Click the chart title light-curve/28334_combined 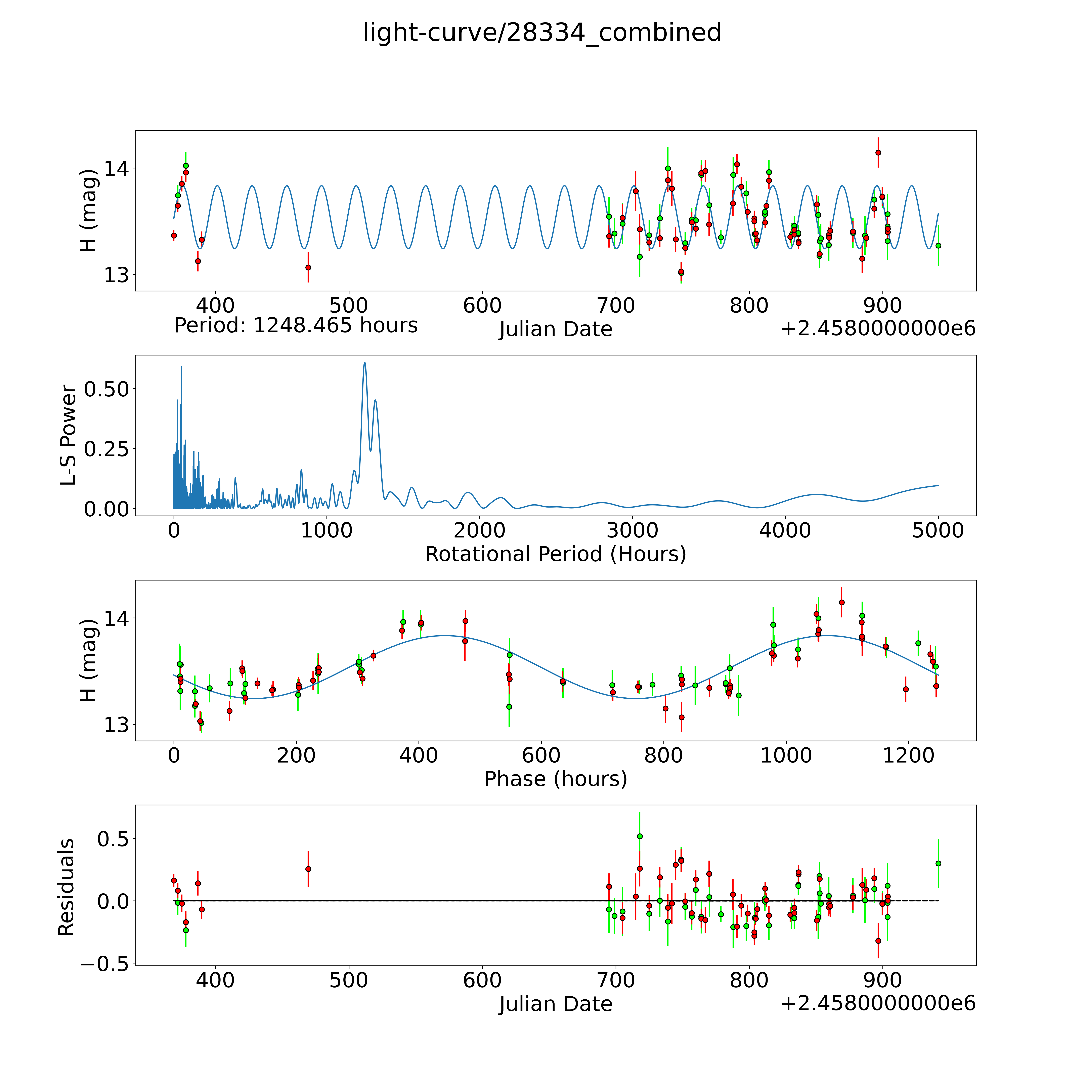pos(542,33)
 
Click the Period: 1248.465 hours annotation pos(296,326)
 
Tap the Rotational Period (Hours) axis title pos(555,554)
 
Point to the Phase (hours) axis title pos(555,779)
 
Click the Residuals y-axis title pos(66,887)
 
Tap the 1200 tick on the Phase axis pos(908,755)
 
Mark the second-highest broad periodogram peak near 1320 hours pos(375,400)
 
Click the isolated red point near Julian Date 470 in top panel pos(308,267)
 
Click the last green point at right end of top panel pos(938,245)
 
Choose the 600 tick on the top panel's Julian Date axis pos(482,306)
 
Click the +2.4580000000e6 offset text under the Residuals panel pos(878,1004)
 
